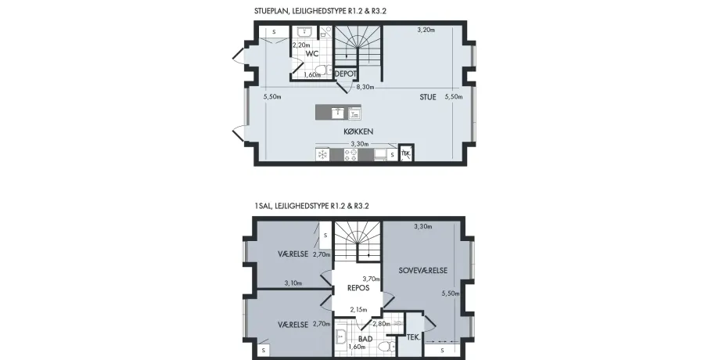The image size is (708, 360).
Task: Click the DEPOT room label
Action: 346,74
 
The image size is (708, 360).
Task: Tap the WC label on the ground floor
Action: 312,54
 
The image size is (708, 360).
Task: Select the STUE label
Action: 428,97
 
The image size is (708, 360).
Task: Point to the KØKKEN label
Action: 358,131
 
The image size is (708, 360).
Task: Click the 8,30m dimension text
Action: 365,87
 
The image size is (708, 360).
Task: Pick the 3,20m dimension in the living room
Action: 426,31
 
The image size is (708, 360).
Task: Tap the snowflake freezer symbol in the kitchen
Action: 323,155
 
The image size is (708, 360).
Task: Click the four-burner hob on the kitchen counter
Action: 350,155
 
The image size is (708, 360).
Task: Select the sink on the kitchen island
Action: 338,112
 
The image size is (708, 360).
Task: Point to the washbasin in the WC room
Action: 306,31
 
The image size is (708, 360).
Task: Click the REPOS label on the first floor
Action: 358,288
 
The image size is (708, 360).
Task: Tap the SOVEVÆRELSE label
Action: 423,271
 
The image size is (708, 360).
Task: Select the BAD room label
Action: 365,339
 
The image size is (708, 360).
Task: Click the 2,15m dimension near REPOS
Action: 358,310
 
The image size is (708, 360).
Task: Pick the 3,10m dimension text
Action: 293,283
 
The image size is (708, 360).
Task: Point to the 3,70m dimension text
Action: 371,279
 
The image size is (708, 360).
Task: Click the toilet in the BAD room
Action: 385,347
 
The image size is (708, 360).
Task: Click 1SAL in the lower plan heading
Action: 263,207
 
